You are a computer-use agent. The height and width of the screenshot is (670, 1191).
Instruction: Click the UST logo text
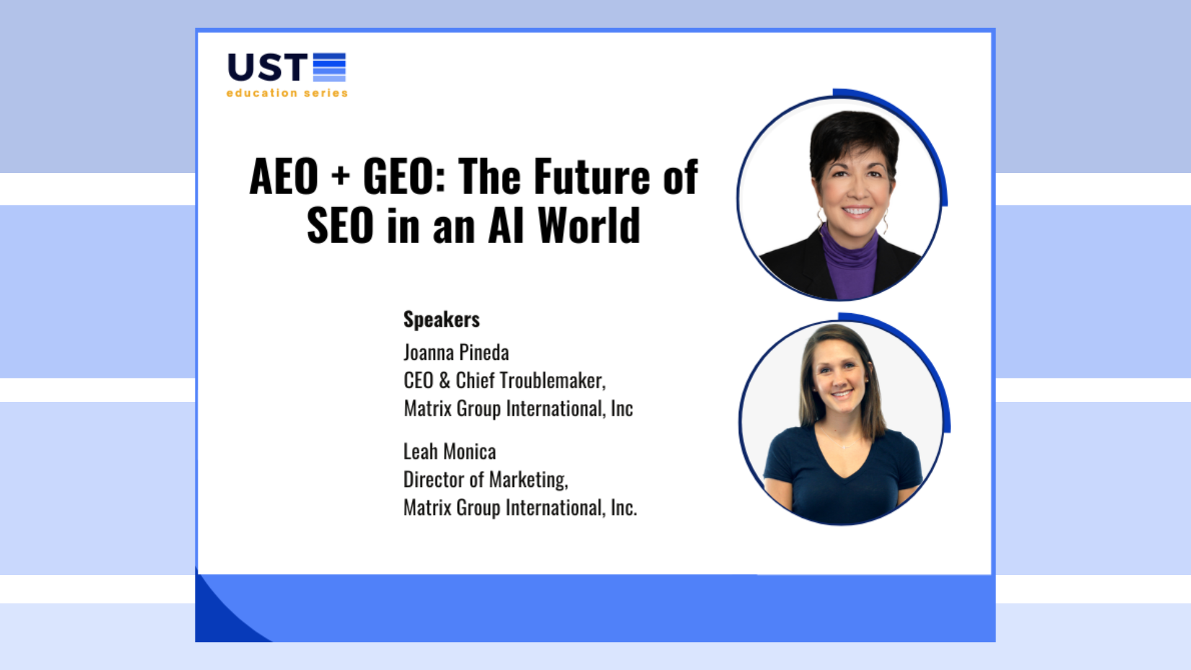point(267,67)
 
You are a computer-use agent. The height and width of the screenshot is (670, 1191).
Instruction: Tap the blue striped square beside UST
point(329,67)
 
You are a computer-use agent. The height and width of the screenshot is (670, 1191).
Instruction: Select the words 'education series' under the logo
point(287,93)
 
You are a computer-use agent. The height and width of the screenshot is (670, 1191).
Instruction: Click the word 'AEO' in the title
point(283,177)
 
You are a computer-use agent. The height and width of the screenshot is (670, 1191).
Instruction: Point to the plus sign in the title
point(341,176)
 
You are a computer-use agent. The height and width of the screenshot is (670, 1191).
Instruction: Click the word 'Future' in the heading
point(592,177)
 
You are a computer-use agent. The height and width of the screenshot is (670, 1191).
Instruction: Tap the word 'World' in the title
point(589,226)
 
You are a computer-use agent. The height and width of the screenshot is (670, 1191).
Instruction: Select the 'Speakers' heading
point(441,319)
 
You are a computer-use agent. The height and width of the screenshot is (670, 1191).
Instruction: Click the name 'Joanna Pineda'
point(456,352)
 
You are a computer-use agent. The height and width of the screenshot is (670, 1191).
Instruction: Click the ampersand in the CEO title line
point(444,380)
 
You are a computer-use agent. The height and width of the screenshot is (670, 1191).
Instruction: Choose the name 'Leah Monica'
point(449,452)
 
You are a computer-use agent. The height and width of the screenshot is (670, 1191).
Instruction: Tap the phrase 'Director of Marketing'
point(485,480)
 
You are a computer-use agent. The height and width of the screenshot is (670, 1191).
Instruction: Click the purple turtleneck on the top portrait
point(850,267)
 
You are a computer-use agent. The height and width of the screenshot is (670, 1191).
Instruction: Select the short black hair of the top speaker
point(853,133)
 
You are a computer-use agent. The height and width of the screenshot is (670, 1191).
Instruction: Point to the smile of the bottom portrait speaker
point(842,393)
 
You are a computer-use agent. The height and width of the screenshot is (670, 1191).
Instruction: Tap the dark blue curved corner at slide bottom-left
point(223,620)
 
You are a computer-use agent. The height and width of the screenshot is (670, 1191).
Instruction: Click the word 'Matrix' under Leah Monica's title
point(427,507)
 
